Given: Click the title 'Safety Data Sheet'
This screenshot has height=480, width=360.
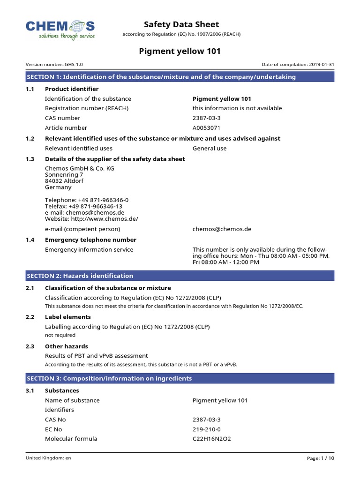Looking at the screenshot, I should (181, 24).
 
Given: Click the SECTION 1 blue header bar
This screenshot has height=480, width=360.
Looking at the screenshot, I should (180, 77).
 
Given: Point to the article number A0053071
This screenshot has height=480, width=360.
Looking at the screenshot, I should (206, 127).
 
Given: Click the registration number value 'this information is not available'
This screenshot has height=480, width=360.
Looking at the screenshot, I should (237, 108).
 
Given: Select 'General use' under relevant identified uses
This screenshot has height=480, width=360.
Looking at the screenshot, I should (210, 149).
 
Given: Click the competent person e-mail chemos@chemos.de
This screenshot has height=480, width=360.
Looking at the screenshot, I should (222, 229).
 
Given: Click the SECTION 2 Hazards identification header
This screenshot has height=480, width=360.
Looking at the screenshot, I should (180, 276).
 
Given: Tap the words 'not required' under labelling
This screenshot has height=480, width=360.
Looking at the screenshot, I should (60, 335).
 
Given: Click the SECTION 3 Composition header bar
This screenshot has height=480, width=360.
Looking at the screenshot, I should (180, 378).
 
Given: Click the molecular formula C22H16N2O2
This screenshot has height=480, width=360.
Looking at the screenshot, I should (212, 439).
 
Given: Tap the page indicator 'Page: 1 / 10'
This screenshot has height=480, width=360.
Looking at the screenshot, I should (321, 458).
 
